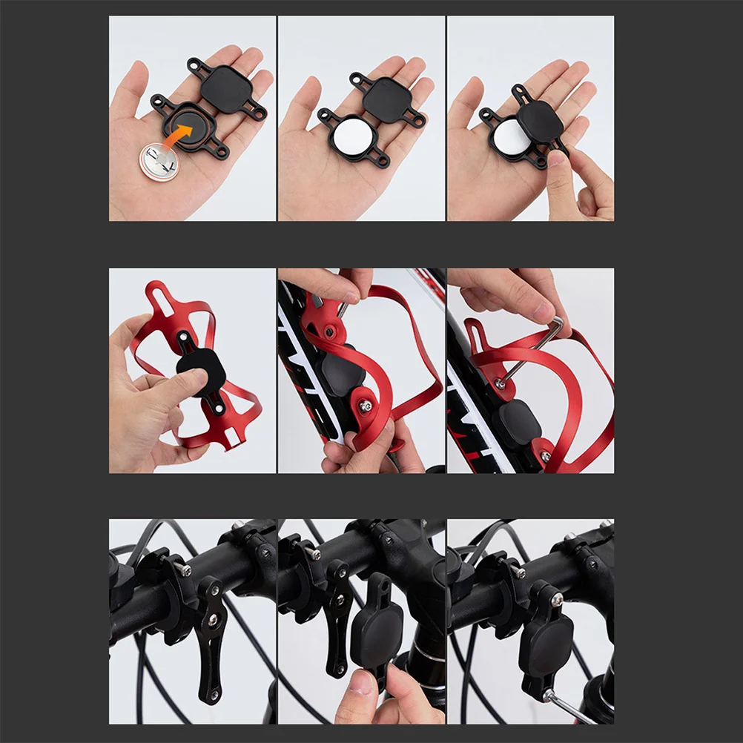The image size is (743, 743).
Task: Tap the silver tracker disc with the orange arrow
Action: click(x=159, y=160)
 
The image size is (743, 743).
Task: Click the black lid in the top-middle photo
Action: click(x=386, y=100)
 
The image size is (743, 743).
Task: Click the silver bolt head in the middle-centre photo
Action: click(x=366, y=406)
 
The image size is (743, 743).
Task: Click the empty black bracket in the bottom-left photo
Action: click(x=209, y=638)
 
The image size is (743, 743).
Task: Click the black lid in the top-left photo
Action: click(x=225, y=88)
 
